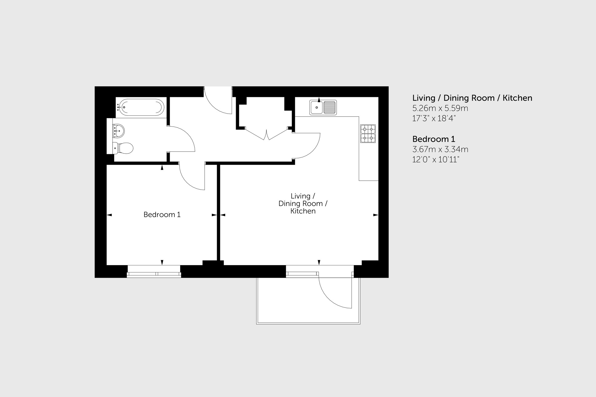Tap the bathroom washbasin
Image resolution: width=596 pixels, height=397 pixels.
(118, 131)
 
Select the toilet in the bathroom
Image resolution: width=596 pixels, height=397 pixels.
(123, 148)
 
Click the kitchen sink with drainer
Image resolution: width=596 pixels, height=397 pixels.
(323, 107)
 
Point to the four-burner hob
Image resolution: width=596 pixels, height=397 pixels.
(368, 133)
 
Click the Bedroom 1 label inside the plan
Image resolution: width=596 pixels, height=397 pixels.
(162, 214)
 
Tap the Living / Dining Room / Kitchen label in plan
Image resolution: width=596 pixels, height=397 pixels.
(303, 203)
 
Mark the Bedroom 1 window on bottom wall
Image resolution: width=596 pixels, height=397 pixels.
(154, 272)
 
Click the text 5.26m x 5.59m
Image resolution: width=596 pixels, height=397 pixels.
(440, 108)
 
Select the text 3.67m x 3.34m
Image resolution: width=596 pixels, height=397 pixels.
(440, 149)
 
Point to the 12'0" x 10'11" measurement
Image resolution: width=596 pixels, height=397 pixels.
(435, 160)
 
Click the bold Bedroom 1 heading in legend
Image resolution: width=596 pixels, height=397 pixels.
(433, 139)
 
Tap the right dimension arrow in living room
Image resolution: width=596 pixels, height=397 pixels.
(375, 215)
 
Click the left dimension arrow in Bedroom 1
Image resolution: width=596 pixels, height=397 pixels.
(109, 215)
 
